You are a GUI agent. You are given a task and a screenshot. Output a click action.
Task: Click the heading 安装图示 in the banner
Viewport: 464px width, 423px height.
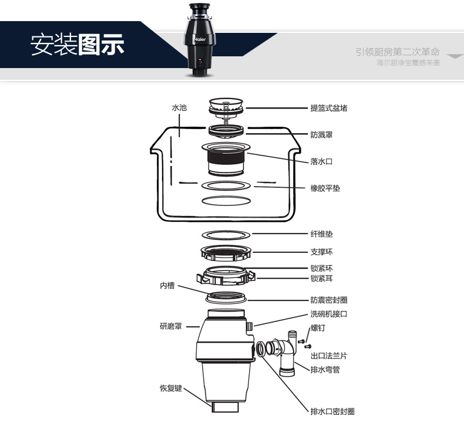(78, 45)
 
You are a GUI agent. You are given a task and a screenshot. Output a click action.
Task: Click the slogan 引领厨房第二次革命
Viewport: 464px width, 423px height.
(397, 52)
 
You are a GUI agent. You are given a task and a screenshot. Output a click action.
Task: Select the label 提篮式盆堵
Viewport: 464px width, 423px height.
(329, 109)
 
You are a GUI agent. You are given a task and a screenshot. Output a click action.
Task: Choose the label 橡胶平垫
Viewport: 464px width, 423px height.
(325, 188)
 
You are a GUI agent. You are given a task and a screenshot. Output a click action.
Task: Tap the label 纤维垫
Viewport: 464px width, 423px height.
(321, 234)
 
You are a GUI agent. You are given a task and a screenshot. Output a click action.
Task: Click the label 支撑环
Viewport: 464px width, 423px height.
(321, 252)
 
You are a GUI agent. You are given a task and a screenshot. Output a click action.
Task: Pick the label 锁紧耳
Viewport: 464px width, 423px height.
(321, 279)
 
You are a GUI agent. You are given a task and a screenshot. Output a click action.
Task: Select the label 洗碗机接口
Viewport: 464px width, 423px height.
(329, 314)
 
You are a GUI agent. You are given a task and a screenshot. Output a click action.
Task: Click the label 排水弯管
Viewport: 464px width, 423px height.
(325, 370)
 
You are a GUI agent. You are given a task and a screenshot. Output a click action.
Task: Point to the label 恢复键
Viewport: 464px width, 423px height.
(171, 388)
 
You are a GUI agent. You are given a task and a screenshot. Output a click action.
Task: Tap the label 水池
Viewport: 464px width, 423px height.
(179, 109)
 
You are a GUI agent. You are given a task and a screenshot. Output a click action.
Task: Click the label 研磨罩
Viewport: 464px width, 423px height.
(171, 326)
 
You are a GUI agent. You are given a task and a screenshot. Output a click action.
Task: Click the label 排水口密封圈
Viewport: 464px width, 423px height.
(332, 411)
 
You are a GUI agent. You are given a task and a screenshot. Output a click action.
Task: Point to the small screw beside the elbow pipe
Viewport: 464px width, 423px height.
(301, 340)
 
